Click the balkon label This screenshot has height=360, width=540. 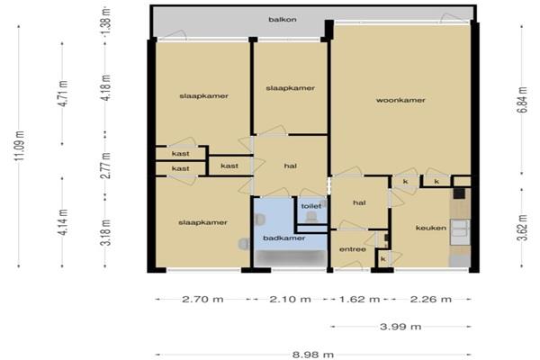pos(283,20)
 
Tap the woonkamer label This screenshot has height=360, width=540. pos(400,100)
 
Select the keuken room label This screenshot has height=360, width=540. pos(431,228)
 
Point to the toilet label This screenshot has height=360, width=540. pos(311,206)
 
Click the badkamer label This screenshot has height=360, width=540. pos(284,238)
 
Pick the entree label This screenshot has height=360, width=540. pos(352,249)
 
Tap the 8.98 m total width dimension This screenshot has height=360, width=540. pos(313,355)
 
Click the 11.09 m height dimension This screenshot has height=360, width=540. pos(20,146)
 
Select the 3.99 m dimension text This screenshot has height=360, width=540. pos(400,326)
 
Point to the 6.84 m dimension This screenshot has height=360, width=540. pos(523,100)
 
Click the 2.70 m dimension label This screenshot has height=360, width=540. pos(202,299)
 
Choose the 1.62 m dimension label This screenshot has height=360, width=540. pos(359,299)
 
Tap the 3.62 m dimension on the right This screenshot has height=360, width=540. pos(523,228)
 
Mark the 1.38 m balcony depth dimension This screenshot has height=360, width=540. pos(106,22)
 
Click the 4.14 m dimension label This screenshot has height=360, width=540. pos(63,222)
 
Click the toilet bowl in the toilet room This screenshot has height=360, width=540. pos(311,217)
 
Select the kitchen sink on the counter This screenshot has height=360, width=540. pos(460,228)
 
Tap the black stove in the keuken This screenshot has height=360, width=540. pos(459,193)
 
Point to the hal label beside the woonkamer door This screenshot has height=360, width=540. pos(359,202)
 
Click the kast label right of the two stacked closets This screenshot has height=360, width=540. pos(229,166)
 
